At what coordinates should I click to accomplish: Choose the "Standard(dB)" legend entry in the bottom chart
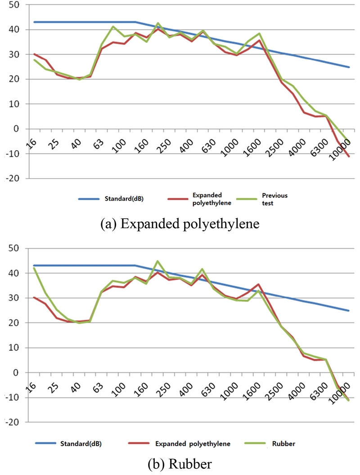pos(81,444)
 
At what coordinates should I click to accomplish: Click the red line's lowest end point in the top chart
pos(349,156)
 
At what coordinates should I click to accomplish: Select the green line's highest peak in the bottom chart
pos(157,261)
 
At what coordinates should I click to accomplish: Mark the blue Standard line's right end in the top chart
pos(349,67)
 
